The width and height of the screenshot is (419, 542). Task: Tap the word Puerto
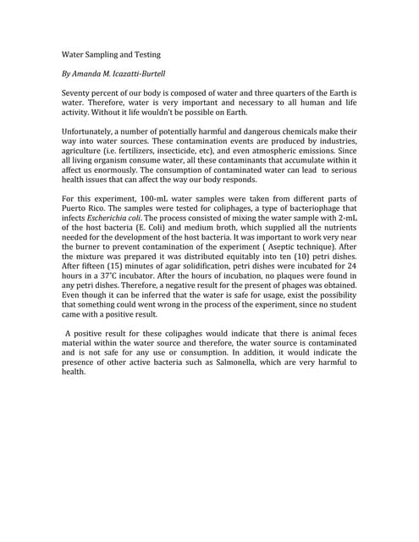click(78, 209)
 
